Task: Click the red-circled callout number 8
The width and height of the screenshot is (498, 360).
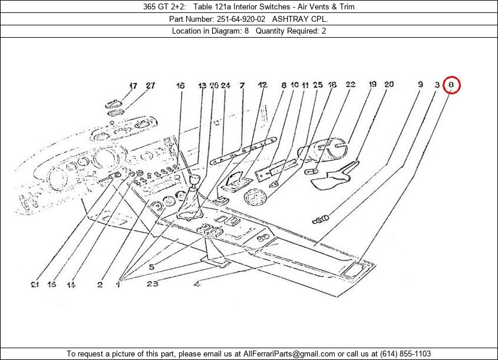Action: click(451, 85)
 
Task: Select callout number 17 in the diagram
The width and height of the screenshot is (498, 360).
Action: click(133, 85)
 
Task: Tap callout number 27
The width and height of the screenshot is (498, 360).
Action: click(150, 85)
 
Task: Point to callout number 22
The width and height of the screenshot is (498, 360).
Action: click(351, 85)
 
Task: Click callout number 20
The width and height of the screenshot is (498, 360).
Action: click(389, 85)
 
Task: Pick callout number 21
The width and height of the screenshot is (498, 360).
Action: click(35, 285)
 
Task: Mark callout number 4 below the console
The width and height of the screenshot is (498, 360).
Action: click(197, 285)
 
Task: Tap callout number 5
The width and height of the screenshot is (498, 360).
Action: click(151, 267)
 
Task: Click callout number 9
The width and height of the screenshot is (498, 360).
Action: click(420, 85)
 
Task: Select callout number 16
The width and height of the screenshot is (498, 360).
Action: click(180, 85)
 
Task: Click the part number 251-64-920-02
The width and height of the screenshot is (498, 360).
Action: click(233, 19)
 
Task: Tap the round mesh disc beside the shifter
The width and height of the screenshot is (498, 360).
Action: click(256, 199)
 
